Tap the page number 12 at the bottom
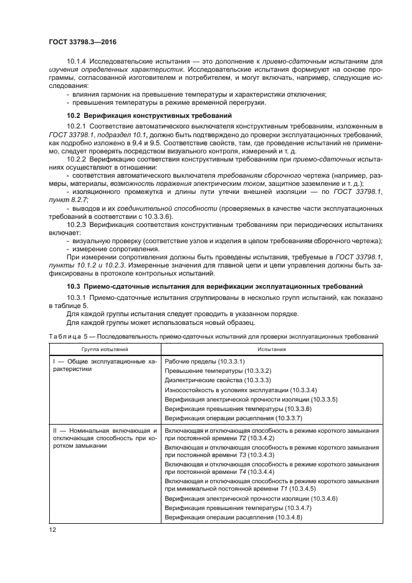pos(53,529)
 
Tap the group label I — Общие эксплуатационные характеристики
pos(103,365)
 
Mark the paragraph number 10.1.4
pos(78,61)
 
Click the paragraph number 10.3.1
pos(78,297)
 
